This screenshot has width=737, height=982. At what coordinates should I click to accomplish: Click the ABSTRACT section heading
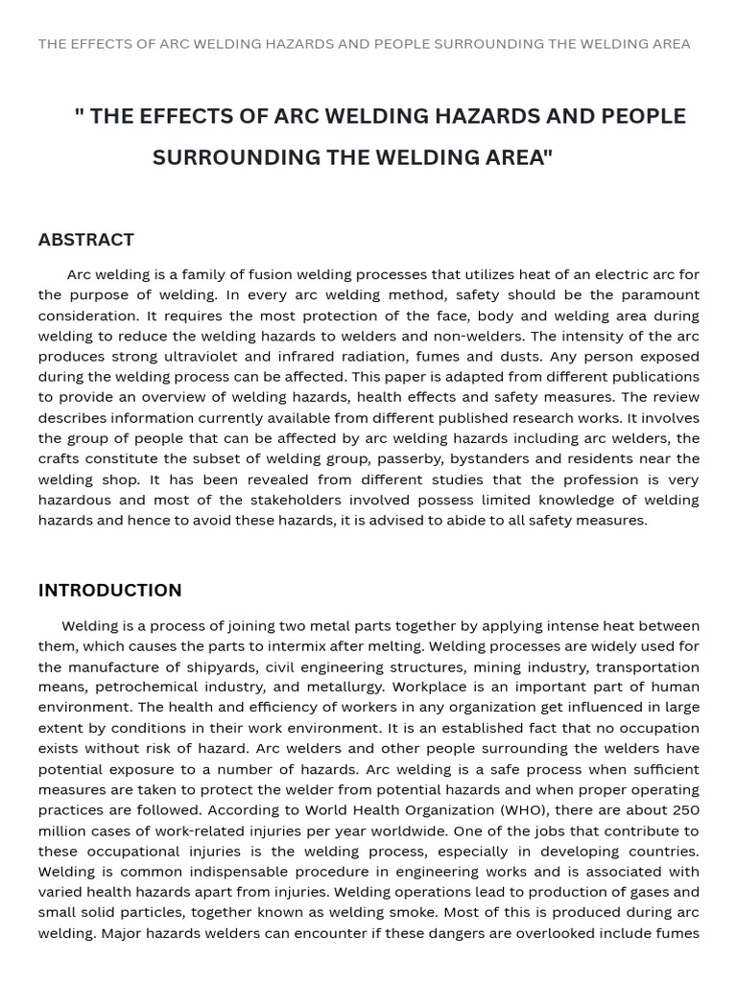click(86, 240)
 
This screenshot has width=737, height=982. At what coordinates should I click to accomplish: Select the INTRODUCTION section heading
click(109, 590)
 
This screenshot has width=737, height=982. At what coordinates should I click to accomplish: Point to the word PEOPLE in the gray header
click(401, 44)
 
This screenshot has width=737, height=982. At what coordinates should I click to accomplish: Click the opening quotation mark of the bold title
click(79, 115)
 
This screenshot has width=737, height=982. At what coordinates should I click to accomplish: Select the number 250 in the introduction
click(685, 810)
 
